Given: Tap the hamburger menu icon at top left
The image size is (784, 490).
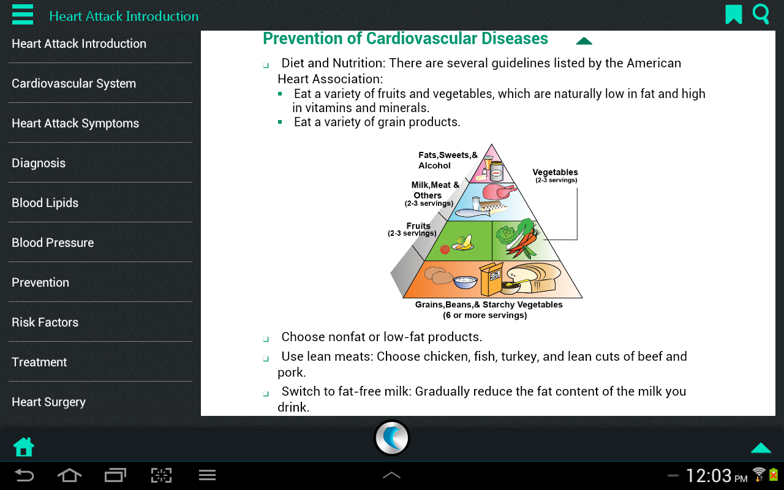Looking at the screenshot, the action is click(x=23, y=14).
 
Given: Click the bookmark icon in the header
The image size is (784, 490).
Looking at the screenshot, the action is click(x=734, y=14).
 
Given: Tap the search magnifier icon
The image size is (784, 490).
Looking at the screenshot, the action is click(x=761, y=14).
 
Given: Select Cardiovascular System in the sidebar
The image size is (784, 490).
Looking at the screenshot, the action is click(x=74, y=83).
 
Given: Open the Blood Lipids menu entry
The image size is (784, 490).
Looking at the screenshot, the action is click(x=45, y=203).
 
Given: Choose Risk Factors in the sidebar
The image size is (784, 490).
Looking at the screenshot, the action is click(x=45, y=322).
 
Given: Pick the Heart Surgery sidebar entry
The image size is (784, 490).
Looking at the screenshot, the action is click(x=48, y=402).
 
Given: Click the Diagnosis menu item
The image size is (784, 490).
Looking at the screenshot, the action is click(x=39, y=163).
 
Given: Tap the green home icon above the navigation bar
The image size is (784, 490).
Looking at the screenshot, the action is click(x=23, y=447).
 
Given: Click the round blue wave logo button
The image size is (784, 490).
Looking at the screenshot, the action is click(x=391, y=438).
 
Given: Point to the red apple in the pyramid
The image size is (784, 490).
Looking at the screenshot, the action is click(x=445, y=249).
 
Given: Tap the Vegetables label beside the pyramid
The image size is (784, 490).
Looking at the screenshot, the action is click(x=555, y=172).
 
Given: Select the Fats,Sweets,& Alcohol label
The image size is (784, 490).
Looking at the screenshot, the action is click(x=448, y=160).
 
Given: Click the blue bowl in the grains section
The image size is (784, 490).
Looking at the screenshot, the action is click(x=465, y=282).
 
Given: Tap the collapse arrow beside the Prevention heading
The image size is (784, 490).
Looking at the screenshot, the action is click(x=584, y=41).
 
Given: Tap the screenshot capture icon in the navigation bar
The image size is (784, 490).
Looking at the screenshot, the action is click(x=161, y=475).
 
